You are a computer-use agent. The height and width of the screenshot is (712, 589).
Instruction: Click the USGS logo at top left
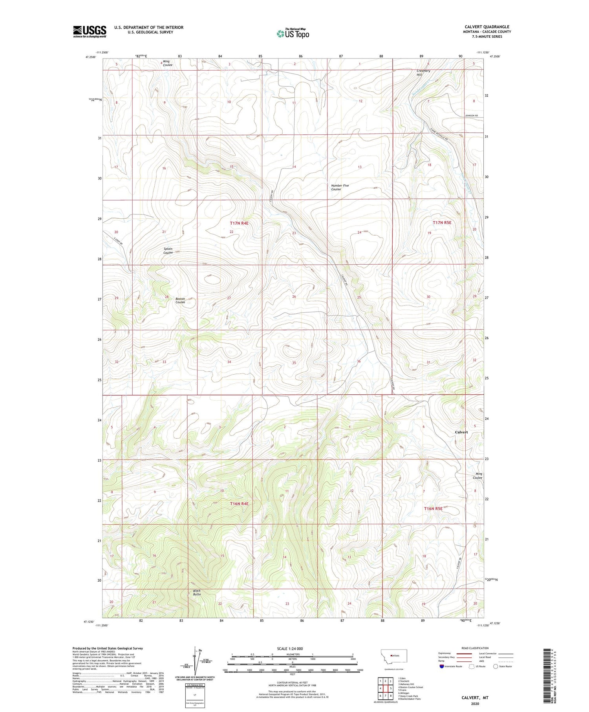coord(90,31)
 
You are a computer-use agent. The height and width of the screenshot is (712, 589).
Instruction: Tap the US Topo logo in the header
coord(293,33)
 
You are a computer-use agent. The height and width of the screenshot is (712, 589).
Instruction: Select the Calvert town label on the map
coord(461,432)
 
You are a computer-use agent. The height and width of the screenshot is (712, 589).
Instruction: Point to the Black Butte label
coord(197,593)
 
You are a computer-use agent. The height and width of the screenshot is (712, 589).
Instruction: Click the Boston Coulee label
coord(180,300)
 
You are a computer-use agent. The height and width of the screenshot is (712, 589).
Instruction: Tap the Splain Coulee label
coord(168,251)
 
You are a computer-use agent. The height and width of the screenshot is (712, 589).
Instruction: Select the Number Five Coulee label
coord(340,187)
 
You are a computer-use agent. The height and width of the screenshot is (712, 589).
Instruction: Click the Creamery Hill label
coord(423,73)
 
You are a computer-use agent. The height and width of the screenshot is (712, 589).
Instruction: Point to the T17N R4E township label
coord(239,223)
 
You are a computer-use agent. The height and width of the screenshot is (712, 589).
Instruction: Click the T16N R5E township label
coord(433,509)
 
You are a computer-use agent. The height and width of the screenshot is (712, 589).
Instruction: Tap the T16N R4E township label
coord(239,503)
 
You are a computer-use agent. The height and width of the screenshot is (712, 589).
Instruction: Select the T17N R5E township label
coord(442,223)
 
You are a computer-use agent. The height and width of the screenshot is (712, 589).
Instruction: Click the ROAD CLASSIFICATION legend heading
coord(475,648)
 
